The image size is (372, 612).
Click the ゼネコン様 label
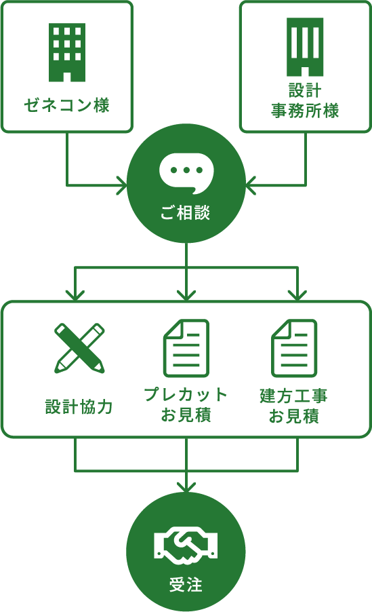click(x=66, y=105)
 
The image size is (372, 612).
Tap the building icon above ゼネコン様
click(x=67, y=52)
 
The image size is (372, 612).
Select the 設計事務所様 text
click(x=305, y=100)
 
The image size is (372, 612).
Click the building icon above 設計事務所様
click(x=305, y=47)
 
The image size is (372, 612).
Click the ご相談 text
click(x=186, y=213)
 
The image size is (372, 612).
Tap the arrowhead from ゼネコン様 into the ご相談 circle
click(x=122, y=185)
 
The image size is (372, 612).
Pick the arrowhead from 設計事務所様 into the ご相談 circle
click(x=251, y=185)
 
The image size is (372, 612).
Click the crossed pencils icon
click(x=79, y=348)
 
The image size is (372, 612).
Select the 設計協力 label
click(x=79, y=406)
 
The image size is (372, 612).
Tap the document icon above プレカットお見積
click(x=186, y=348)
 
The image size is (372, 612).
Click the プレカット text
click(x=186, y=395)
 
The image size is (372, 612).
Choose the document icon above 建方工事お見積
click(x=294, y=348)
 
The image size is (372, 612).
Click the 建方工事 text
click(x=293, y=396)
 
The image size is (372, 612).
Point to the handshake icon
click(x=186, y=546)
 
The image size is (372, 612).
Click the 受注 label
click(x=186, y=585)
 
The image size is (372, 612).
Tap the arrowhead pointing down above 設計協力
click(x=75, y=295)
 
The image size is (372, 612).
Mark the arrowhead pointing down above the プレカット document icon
click(x=186, y=295)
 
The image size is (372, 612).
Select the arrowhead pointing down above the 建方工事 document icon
click(x=297, y=295)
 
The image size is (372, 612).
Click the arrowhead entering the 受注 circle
click(x=186, y=486)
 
